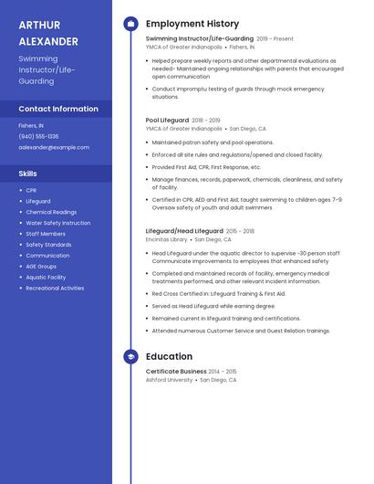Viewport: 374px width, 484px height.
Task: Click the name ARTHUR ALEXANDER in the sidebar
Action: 48,33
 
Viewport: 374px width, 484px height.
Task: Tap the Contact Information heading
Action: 58,109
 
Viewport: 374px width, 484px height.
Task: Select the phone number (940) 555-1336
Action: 38,136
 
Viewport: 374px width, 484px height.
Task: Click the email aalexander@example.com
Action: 54,147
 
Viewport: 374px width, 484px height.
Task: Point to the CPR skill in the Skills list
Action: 31,190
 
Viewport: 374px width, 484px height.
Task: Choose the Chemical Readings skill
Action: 51,212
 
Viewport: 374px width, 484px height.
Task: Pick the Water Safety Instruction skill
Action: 57,223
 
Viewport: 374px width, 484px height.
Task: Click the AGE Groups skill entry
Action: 41,266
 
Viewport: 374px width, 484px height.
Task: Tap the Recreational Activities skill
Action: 55,288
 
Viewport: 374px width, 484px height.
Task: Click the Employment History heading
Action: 192,24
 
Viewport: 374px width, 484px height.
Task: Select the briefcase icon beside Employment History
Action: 130,24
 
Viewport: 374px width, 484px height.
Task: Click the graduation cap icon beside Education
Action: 130,357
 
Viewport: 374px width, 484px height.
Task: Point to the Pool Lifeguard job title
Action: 167,120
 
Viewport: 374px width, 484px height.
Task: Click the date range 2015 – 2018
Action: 240,231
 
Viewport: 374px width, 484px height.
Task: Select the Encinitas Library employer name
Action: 166,239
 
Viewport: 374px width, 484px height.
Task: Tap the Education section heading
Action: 169,357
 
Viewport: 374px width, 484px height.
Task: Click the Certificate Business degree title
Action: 176,372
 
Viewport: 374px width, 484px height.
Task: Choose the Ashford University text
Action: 169,380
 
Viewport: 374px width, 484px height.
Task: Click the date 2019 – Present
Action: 275,39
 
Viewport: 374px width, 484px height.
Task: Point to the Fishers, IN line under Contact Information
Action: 31,125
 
